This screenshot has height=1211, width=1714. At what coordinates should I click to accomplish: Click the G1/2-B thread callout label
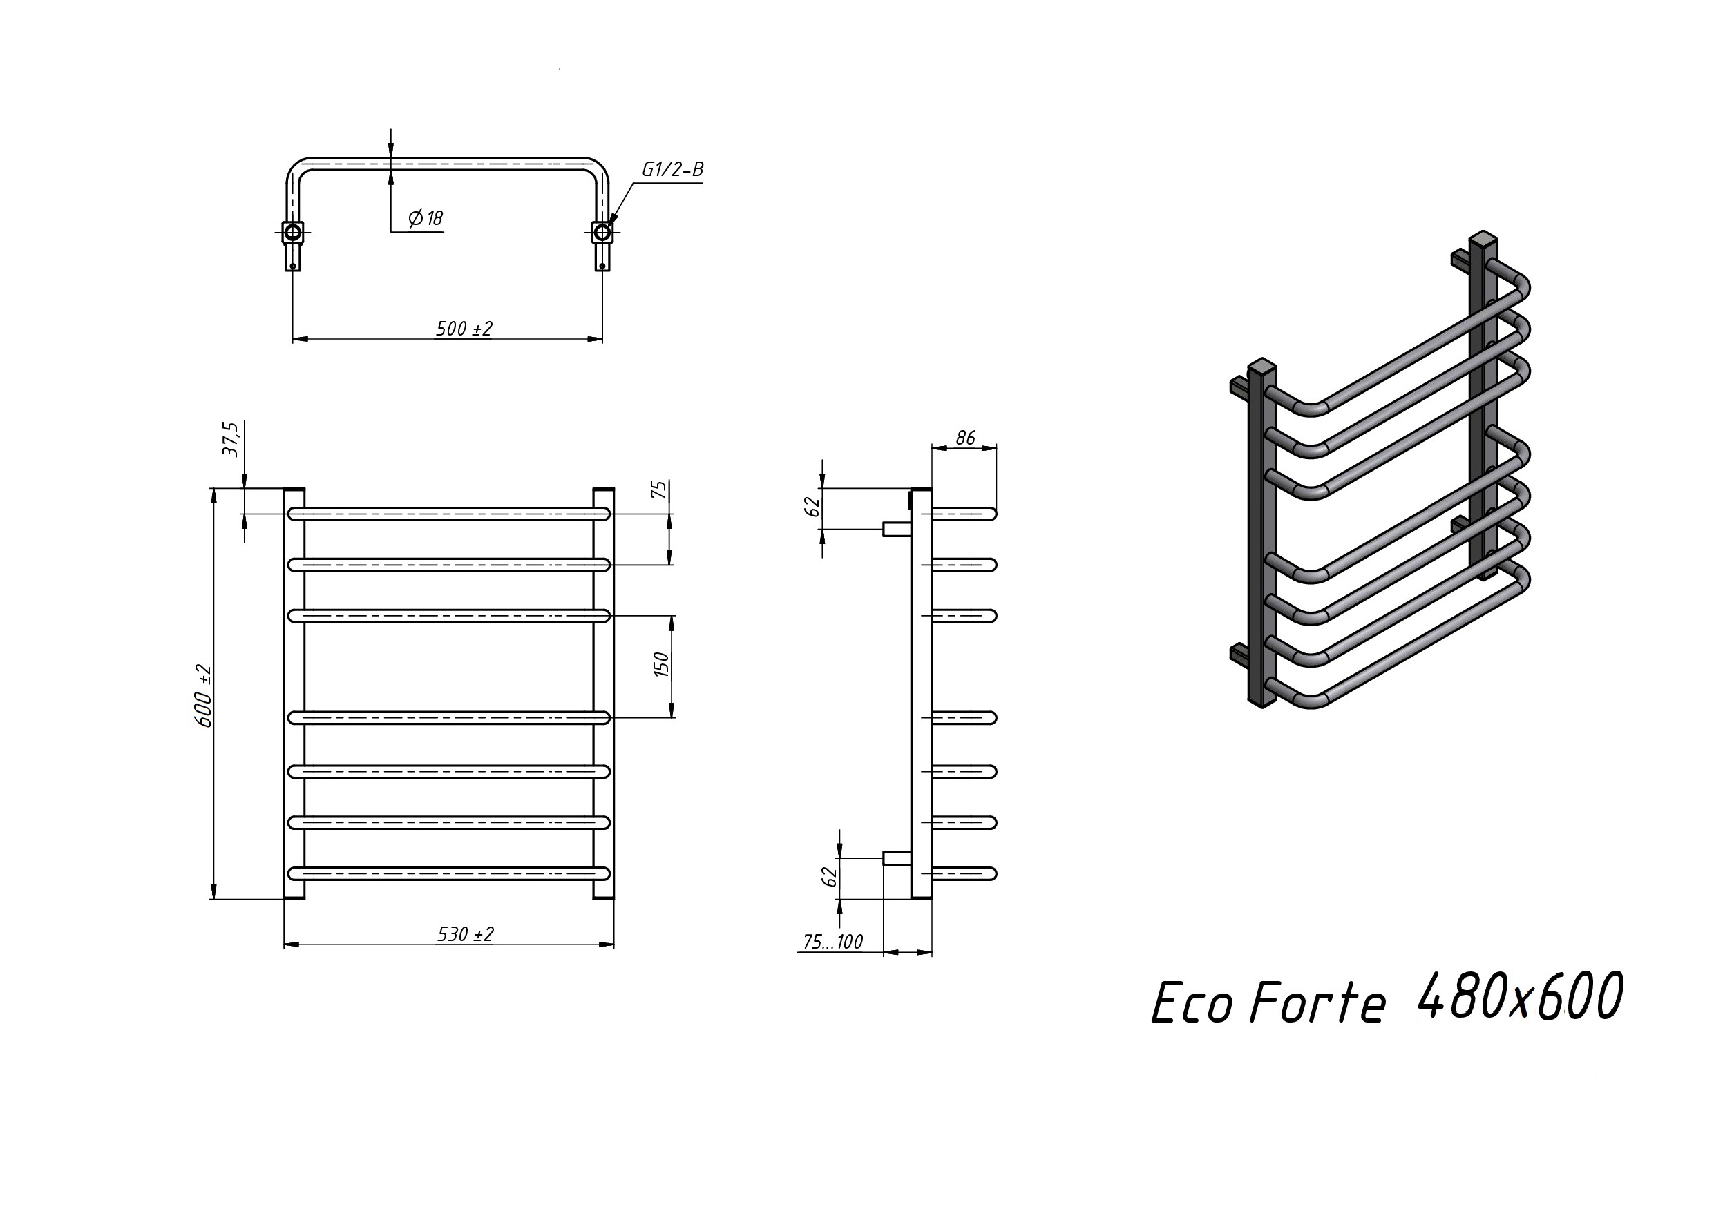coord(673,170)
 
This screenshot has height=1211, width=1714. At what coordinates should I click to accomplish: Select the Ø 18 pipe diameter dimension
coord(426,218)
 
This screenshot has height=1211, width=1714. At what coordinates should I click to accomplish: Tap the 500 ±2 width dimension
coord(464,329)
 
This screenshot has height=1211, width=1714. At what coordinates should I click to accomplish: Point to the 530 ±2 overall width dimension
coord(465,934)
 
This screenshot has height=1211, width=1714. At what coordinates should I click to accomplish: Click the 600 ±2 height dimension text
coord(203,696)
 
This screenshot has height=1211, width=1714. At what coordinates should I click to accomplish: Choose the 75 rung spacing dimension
coord(659,490)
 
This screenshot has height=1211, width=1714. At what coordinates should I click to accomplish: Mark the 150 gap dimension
coord(661,664)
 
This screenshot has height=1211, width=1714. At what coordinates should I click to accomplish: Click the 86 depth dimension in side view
coord(965,438)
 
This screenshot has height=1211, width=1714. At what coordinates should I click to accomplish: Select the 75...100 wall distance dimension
coord(833,942)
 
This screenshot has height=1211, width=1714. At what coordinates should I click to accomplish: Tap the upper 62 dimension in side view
coord(813,507)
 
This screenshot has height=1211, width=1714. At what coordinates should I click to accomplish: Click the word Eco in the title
coord(1192,1004)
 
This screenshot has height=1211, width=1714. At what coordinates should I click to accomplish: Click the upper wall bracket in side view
coord(897,528)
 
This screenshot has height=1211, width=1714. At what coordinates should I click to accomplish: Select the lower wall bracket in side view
coord(897,858)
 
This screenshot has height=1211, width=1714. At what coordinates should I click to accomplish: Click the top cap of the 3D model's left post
coord(1261,366)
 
